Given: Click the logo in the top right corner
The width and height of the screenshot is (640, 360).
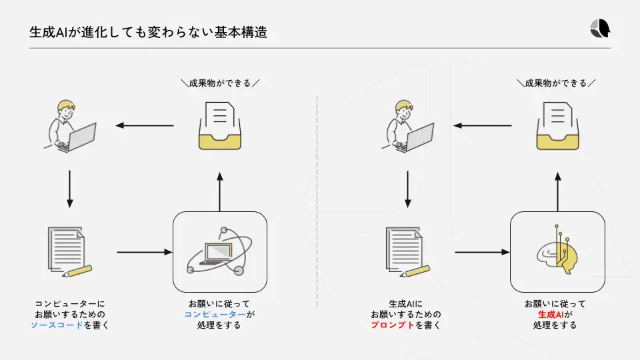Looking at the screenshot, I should pos(600,28).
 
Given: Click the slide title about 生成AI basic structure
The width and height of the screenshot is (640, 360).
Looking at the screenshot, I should pos(149,32).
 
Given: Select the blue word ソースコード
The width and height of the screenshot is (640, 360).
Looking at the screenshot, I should pos(57,325).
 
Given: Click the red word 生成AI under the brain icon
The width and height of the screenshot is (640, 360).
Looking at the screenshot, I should pos(551,314).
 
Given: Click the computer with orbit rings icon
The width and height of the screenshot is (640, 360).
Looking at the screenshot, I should pos(219,252).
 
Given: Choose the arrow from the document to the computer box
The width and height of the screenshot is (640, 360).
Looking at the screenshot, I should pos(144,252).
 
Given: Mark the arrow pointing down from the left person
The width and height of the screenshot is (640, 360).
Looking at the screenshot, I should pos(69,189).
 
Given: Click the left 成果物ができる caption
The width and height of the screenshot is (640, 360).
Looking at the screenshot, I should pos(220,83).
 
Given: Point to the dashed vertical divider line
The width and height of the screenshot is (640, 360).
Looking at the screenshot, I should pos(317,200).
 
